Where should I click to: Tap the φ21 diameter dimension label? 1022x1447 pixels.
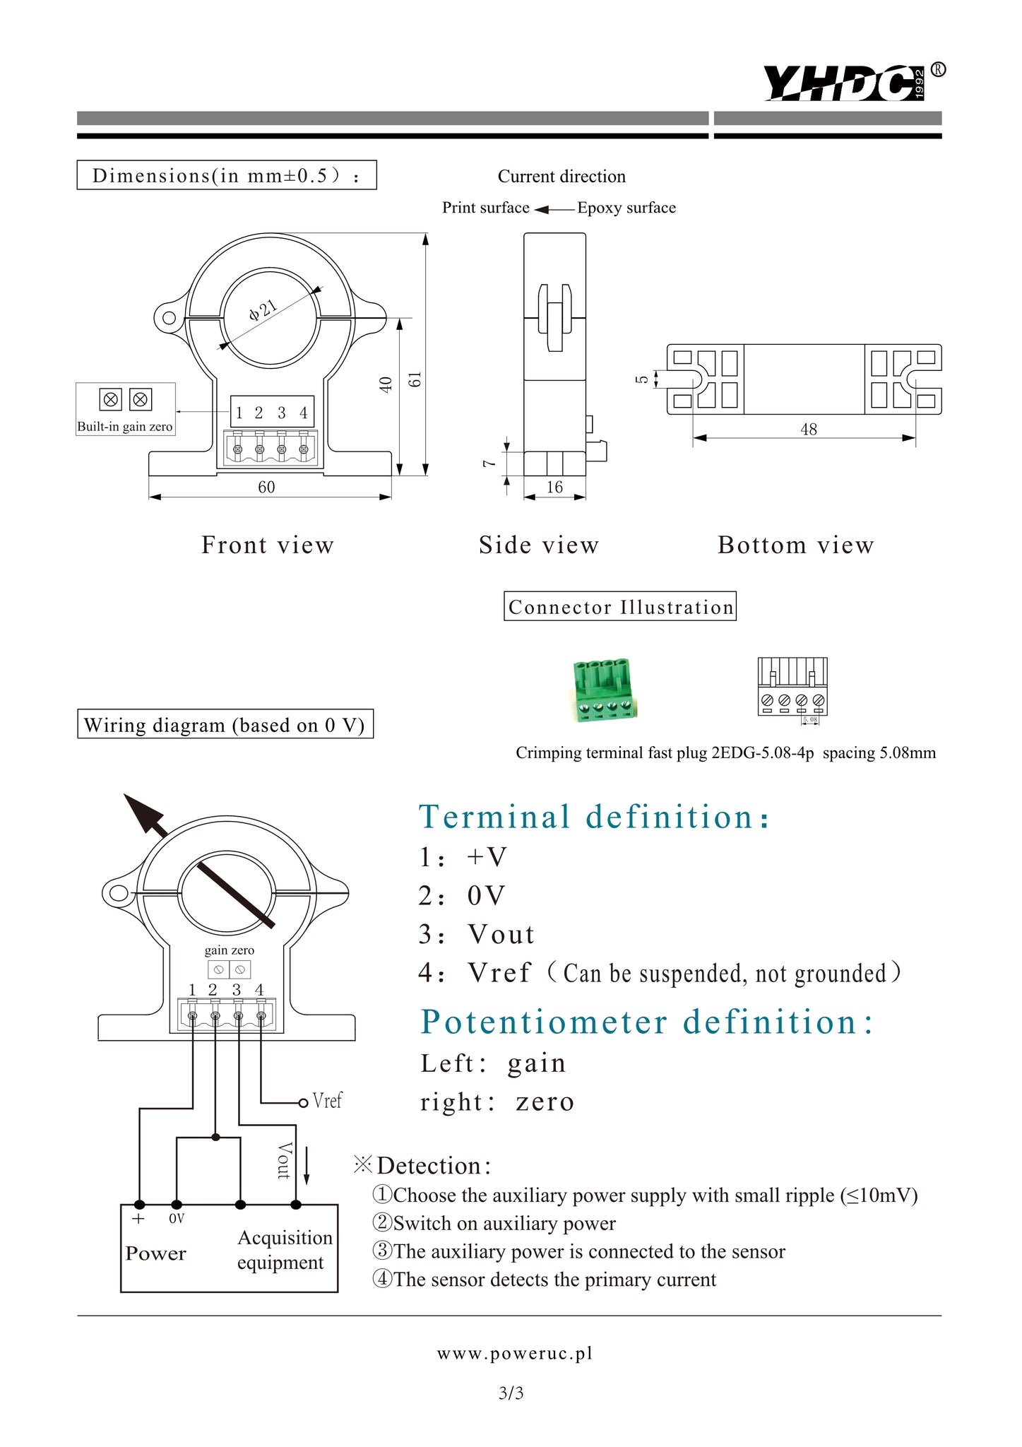[263, 309]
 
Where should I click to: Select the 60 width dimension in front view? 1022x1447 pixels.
[266, 487]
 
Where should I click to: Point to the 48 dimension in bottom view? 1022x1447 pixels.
[809, 429]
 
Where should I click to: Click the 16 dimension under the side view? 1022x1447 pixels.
[554, 487]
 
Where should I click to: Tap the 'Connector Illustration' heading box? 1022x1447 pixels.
[619, 607]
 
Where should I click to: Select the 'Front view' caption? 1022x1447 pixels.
[267, 545]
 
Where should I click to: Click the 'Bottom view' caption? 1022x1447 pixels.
[795, 545]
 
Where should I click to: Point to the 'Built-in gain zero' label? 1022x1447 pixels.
[125, 427]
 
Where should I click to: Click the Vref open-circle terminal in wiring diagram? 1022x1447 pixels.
[303, 1102]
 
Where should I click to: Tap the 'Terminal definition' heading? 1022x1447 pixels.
[593, 817]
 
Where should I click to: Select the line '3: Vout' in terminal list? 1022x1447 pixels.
[477, 934]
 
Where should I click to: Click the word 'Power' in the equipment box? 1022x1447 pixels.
[155, 1253]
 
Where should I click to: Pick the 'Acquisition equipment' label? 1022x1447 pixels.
[284, 1250]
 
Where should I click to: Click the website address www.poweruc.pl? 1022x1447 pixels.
[515, 1353]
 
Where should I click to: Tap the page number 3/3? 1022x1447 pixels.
[511, 1393]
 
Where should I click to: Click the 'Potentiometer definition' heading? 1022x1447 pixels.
[646, 1022]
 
